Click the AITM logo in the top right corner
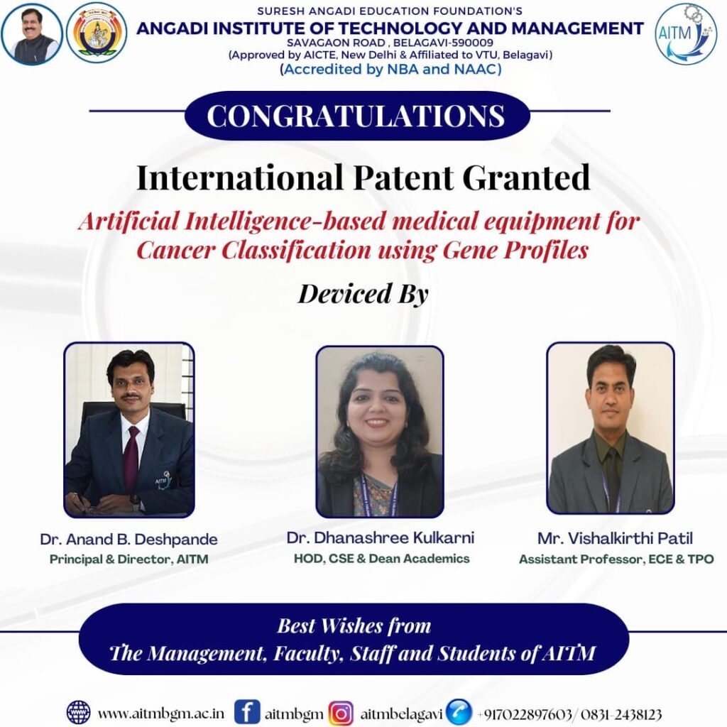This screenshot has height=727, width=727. pyautogui.click(x=686, y=34)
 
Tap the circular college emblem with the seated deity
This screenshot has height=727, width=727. pyautogui.click(x=97, y=33)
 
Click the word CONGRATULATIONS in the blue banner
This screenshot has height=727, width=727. pyautogui.click(x=356, y=116)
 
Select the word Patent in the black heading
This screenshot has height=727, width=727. pyautogui.click(x=403, y=177)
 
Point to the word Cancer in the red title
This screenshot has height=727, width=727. pyautogui.click(x=176, y=251)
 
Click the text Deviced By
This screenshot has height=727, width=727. pyautogui.click(x=363, y=294)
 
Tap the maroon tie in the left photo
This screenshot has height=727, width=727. pyautogui.click(x=132, y=459)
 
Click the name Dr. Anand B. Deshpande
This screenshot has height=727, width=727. pyautogui.click(x=129, y=540)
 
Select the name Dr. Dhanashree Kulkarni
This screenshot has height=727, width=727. pyautogui.click(x=381, y=538)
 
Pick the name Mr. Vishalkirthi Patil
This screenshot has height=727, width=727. pyautogui.click(x=615, y=538)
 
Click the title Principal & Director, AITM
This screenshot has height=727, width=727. pyautogui.click(x=129, y=559)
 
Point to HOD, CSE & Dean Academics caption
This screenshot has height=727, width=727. pyautogui.click(x=381, y=558)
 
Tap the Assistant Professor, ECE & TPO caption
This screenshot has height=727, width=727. pyautogui.click(x=616, y=559)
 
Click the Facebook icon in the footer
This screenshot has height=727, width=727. pyautogui.click(x=246, y=711)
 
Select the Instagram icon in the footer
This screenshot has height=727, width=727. pyautogui.click(x=341, y=713)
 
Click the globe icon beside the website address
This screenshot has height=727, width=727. pyautogui.click(x=78, y=712)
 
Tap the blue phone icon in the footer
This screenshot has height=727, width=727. pyautogui.click(x=459, y=711)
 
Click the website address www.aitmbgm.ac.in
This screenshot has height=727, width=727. pyautogui.click(x=161, y=713)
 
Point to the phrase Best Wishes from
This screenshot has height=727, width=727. pyautogui.click(x=354, y=625)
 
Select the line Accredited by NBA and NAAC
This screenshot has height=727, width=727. pyautogui.click(x=391, y=70)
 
